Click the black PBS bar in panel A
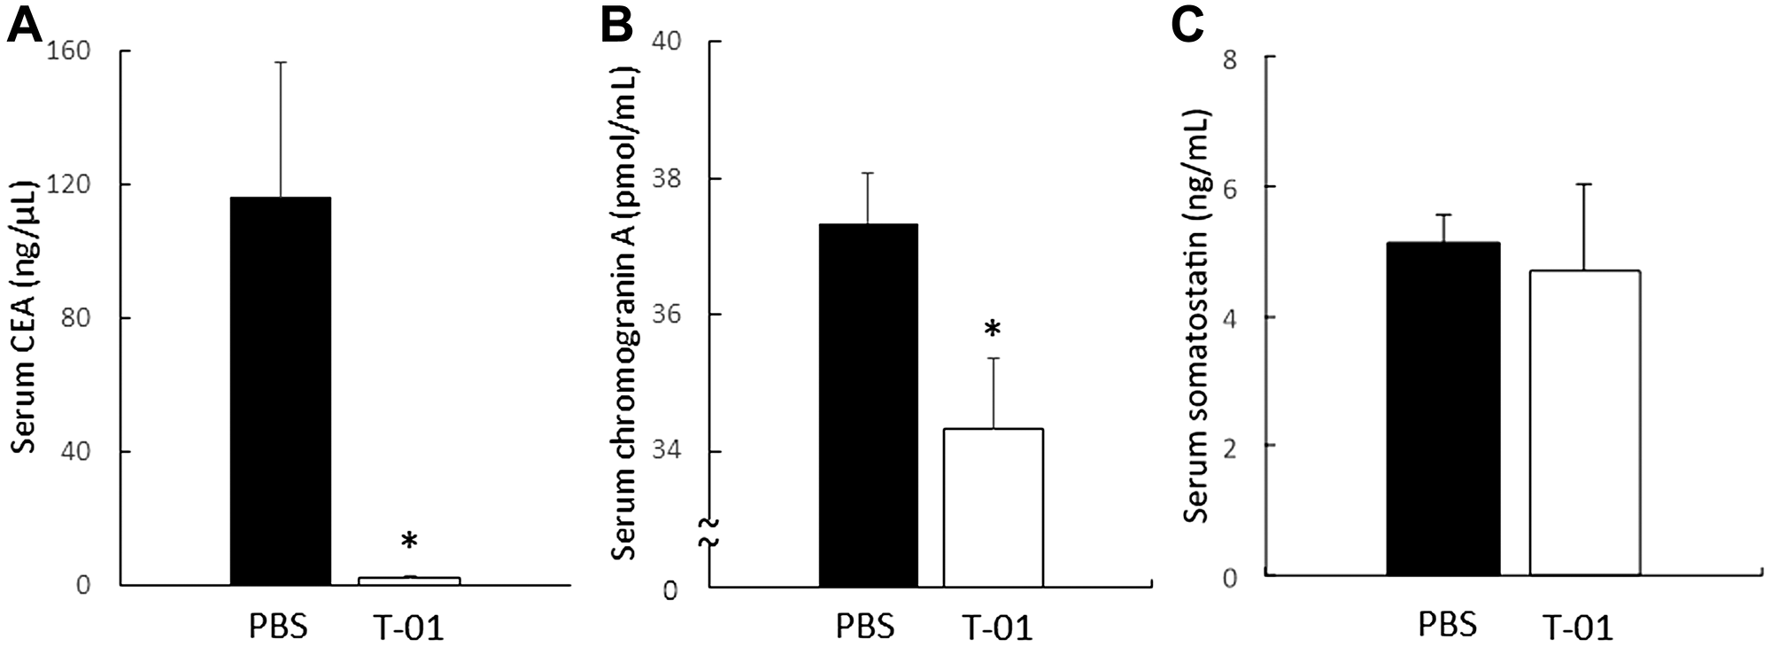coord(280,390)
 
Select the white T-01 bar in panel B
coord(993,507)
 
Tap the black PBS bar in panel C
coord(1443,408)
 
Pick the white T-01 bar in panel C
coord(1585,422)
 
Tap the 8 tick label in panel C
coord(1230,57)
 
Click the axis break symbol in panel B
coord(711,530)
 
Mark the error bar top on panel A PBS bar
coord(281,62)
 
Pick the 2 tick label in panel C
coord(1231,447)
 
